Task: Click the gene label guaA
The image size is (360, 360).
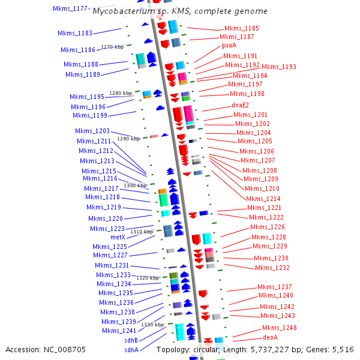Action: [x=229, y=45]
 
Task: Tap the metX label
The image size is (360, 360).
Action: [x=118, y=237]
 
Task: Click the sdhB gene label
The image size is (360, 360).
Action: [x=131, y=340]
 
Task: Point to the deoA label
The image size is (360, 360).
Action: [x=271, y=337]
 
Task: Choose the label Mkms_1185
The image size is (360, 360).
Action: [x=242, y=28]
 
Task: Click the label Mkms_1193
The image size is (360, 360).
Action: [x=279, y=67]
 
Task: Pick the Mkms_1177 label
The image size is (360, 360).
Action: [x=70, y=8]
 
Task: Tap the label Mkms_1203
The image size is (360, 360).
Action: [x=92, y=131]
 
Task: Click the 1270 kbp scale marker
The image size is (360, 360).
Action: [x=112, y=47]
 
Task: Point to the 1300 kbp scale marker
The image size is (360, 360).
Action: [x=135, y=186]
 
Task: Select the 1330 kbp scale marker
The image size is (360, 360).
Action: [x=152, y=325]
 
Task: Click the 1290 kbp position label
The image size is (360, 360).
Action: [x=128, y=139]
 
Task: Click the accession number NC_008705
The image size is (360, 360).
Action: [x=67, y=349]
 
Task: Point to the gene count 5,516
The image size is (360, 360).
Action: [x=343, y=349]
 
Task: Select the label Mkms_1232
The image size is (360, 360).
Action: [x=272, y=268]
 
